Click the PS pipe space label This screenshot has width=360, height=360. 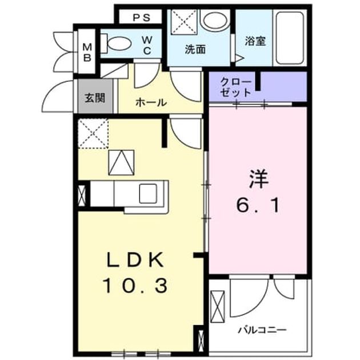142,18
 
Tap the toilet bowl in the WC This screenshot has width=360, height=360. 119,43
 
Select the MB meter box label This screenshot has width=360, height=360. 87,53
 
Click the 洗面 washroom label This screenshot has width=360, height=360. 195,49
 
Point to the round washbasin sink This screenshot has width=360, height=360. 215,20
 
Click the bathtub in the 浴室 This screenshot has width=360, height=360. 290,38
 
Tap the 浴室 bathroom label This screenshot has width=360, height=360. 255,41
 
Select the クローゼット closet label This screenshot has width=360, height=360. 235,87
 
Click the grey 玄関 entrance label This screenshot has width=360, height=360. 95,98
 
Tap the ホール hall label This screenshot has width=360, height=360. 151,102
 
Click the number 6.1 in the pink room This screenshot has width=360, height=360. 258,206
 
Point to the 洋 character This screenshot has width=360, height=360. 259,179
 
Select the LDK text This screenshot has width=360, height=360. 135,259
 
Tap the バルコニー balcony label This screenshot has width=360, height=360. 262,330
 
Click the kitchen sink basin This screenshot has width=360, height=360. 148,194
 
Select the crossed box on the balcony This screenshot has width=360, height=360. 218,306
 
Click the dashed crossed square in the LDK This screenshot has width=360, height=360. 93,133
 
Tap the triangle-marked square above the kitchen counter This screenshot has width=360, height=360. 121,162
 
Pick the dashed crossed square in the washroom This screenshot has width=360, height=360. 185,22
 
